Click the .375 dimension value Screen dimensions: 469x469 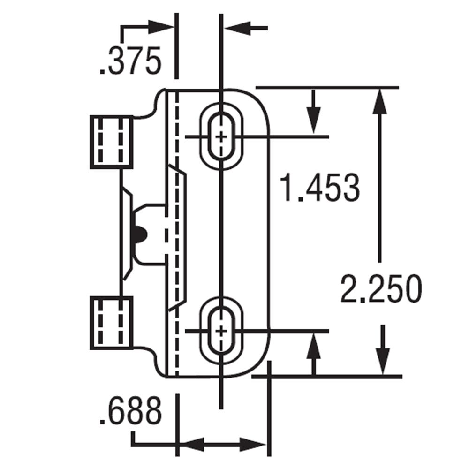[130, 61]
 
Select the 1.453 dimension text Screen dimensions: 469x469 [320, 188]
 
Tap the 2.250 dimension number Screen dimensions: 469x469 [380, 289]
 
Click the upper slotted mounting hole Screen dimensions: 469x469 [222, 136]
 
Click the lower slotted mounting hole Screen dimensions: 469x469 [222, 330]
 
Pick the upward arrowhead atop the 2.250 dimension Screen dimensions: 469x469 [380, 101]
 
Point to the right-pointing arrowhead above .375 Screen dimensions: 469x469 [162, 27]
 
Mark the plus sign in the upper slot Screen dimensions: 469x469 [222, 137]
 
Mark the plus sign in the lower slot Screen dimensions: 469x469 [222, 331]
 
